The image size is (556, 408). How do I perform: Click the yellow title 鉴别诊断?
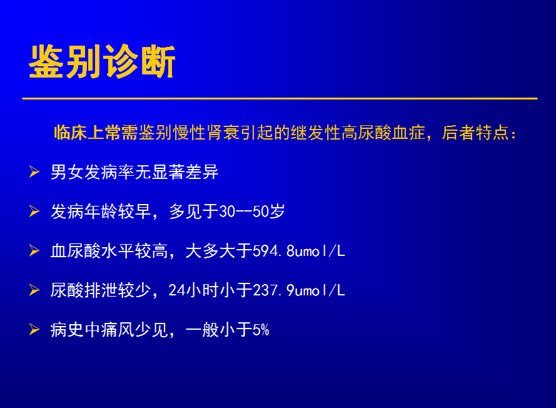pos(102,61)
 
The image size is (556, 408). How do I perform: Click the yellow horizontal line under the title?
pos(280,98)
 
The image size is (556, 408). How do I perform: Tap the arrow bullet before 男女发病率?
pos(34,171)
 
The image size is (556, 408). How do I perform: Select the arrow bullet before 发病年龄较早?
pos(34,211)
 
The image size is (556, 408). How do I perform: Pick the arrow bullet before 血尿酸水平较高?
pos(34,250)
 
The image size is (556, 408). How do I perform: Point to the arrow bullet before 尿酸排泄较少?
pos(34,290)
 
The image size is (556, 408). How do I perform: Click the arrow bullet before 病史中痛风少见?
pos(34,329)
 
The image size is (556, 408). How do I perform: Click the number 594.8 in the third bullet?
pos(273,251)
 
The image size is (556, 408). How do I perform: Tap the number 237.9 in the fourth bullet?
pos(273,290)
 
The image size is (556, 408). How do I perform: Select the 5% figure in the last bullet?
pos(261,330)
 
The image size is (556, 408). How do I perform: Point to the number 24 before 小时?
pos(176,290)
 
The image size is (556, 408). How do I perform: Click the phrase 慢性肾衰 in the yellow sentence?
pos(206,133)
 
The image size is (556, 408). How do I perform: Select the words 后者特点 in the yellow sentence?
pos(475,133)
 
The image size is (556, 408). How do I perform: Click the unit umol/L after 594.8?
pos(320,251)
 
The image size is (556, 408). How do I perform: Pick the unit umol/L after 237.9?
pos(320,290)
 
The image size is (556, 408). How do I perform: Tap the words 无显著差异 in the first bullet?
pos(176,173)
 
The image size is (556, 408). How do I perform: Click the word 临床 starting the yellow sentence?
pos(70,133)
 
